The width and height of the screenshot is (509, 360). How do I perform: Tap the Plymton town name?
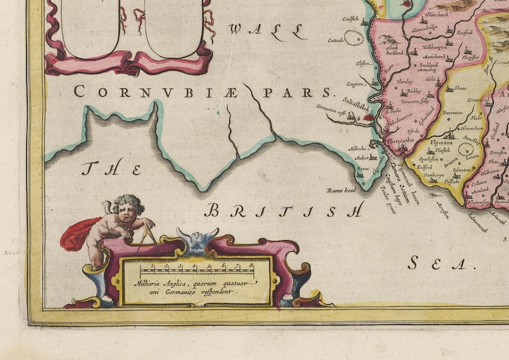pos(440,142)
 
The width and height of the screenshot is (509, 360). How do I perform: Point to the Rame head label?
pos(340,190)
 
